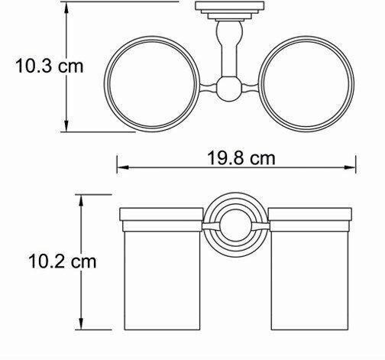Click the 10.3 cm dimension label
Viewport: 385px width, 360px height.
tap(50, 66)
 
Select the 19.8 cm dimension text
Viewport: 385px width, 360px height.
tap(241, 158)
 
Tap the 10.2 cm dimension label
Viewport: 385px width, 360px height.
tap(63, 261)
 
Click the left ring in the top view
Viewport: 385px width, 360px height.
tap(105, 84)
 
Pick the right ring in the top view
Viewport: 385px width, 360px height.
tap(354, 84)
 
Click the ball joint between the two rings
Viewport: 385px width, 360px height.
tap(229, 89)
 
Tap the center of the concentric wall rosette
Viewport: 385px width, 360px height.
tap(235, 225)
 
